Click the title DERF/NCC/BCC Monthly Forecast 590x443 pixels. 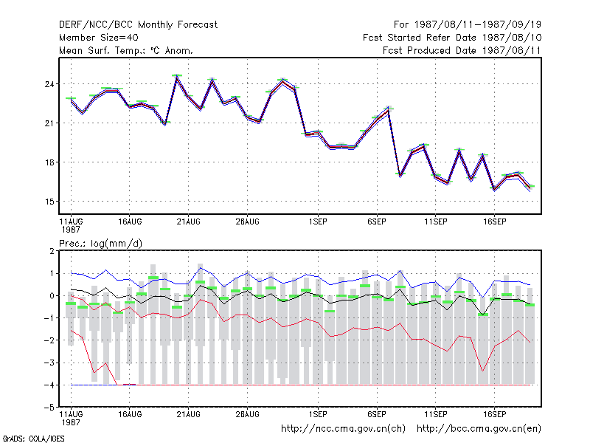click(138, 25)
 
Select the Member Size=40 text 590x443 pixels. click(99, 38)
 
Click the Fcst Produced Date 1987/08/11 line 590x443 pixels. click(462, 50)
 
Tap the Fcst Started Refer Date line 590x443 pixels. click(452, 38)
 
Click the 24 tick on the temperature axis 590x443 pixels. click(49, 84)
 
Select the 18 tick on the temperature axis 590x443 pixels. click(49, 162)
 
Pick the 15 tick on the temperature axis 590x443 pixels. click(49, 202)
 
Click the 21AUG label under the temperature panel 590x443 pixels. click(189, 222)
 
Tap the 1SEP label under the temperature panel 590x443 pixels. click(318, 222)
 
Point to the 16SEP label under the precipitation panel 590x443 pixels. click(494, 414)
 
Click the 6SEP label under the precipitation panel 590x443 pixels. click(377, 414)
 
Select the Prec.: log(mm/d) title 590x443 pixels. click(100, 244)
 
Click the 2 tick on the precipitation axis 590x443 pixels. click(52, 251)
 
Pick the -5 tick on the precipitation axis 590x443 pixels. click(49, 408)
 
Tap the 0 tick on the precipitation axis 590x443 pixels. click(52, 296)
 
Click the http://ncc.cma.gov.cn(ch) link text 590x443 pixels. click(343, 429)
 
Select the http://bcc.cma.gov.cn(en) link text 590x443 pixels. click(479, 429)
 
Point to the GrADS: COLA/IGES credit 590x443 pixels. click(33, 439)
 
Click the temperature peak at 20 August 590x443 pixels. click(177, 77)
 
